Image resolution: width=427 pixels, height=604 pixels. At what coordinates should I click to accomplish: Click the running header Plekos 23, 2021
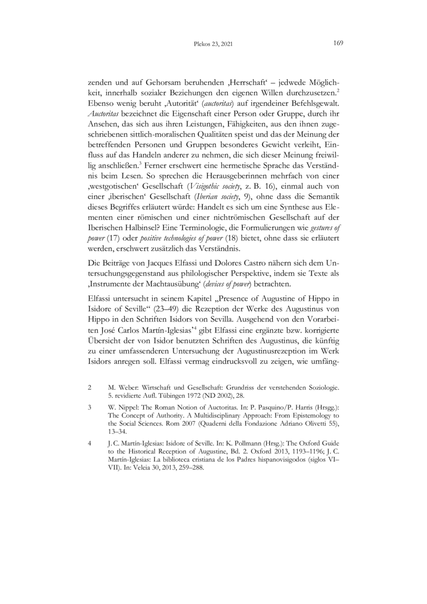(213, 45)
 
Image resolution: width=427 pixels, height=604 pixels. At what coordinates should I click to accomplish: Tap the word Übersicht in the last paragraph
(105, 338)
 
